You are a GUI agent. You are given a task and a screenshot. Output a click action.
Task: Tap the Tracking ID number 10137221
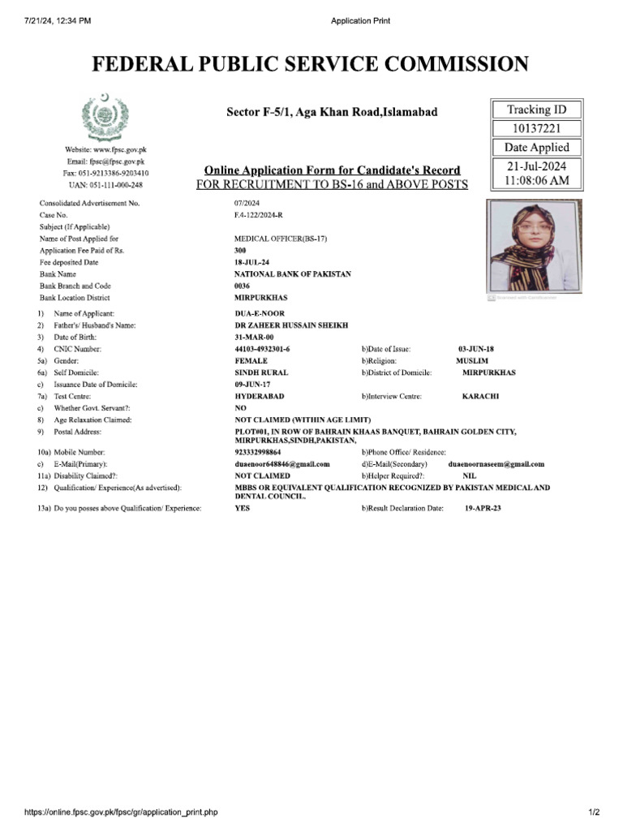coord(536,128)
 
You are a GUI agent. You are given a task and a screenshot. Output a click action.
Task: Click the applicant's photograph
coord(535,246)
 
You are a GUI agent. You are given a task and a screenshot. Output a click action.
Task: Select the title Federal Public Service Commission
coord(311,64)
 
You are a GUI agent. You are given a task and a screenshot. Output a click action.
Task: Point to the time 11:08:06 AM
coord(536,182)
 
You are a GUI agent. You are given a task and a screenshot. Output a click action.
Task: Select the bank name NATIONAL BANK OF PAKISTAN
coord(293,274)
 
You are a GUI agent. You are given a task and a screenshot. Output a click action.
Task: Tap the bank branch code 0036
coord(243,286)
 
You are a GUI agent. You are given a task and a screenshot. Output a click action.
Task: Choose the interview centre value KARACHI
coord(480,396)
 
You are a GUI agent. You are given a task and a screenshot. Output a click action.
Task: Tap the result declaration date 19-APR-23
coord(483,507)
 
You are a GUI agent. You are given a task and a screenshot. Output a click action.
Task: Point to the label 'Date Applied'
coord(536,148)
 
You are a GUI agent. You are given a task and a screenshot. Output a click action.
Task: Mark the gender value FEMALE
coord(251,360)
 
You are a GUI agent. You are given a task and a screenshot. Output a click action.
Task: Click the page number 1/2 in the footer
coord(593,812)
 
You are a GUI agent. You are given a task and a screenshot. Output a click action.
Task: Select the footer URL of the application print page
coord(122,812)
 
